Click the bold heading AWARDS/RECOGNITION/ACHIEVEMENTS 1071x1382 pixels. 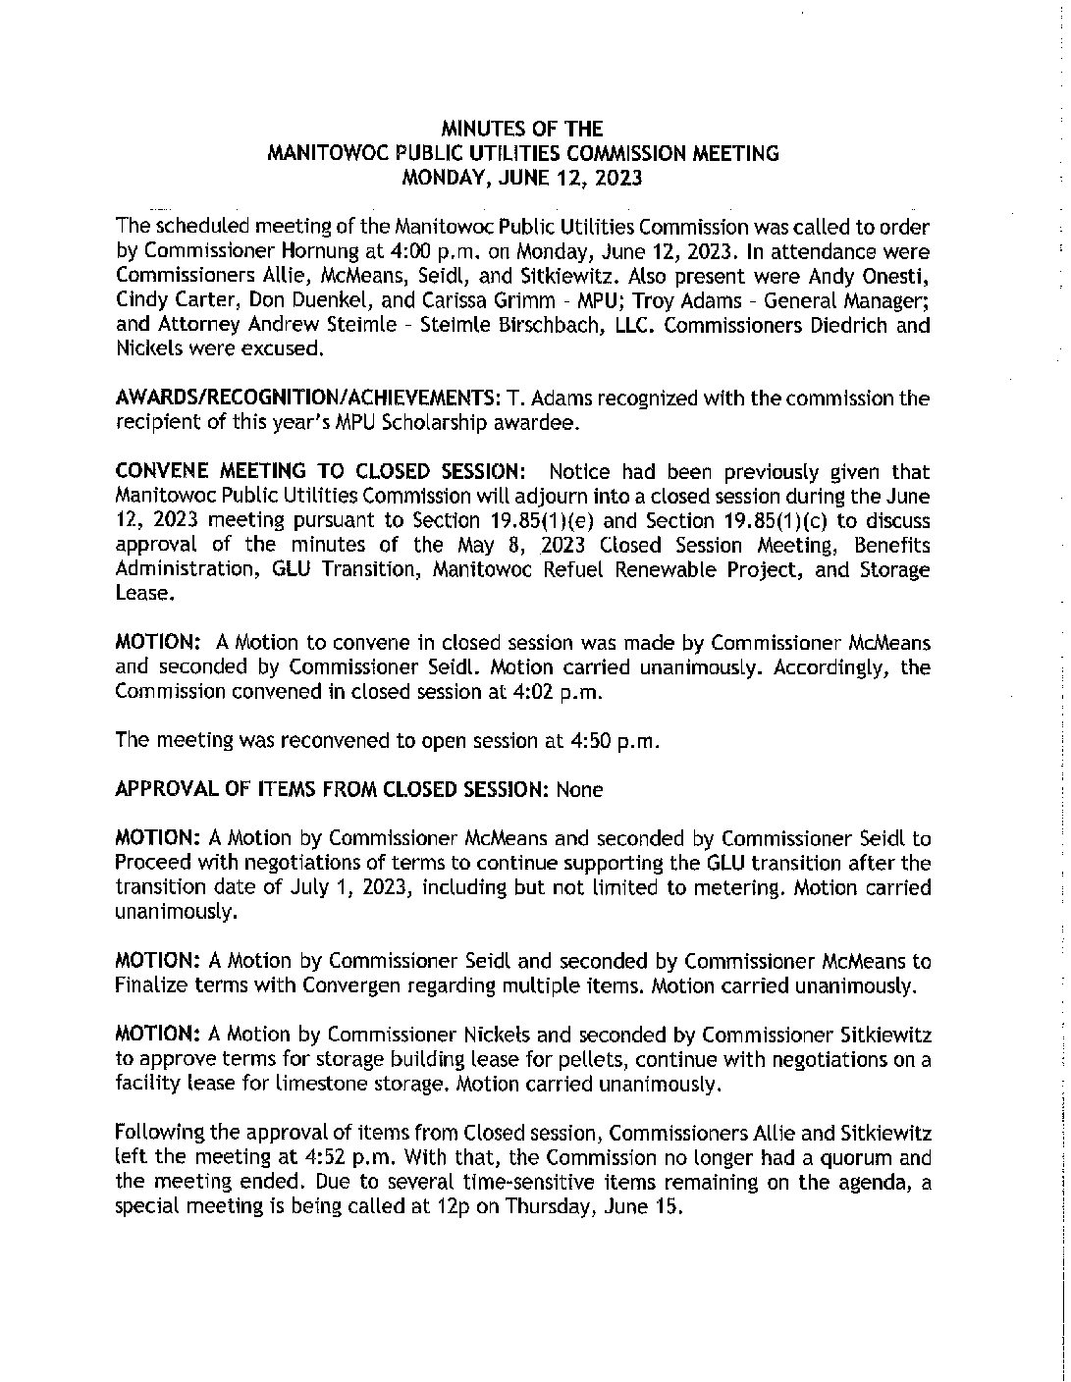point(305,399)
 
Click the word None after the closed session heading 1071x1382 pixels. point(579,789)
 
